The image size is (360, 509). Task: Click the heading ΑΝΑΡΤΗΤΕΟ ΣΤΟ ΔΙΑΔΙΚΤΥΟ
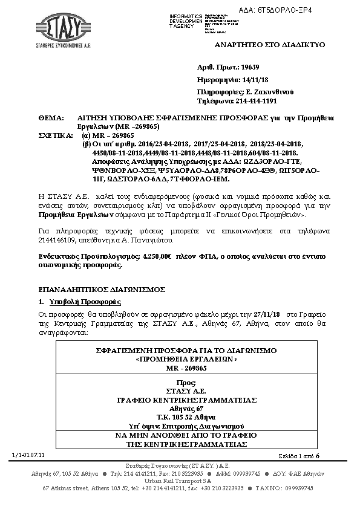click(270, 45)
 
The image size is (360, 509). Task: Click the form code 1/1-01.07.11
click(24, 454)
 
